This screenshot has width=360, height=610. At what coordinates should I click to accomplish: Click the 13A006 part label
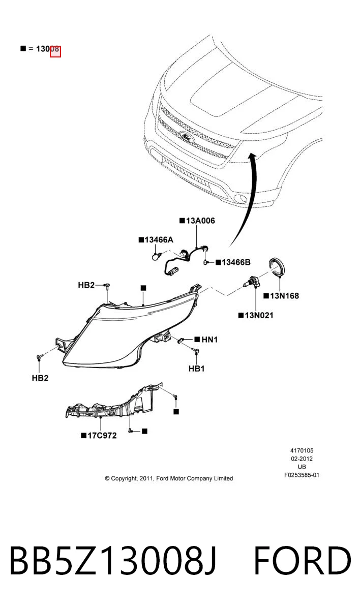tap(200, 221)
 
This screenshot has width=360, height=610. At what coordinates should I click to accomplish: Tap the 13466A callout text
tap(159, 239)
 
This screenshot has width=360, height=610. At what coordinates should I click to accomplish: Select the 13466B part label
tap(236, 262)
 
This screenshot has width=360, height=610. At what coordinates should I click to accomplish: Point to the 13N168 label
tap(284, 296)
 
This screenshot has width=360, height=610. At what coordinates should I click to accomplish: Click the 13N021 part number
tap(259, 315)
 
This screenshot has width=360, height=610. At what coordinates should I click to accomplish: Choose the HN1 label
tap(209, 340)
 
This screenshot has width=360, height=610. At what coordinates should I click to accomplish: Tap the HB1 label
tap(196, 369)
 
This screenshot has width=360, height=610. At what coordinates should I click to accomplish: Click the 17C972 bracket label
tap(102, 436)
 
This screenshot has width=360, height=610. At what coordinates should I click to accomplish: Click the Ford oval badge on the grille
tap(187, 136)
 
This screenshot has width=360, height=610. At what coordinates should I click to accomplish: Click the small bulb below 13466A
tap(156, 256)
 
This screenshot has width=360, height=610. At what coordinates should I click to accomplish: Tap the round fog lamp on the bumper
tap(241, 199)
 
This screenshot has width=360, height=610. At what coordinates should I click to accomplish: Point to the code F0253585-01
tap(302, 475)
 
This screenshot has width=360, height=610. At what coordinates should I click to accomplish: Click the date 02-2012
tap(302, 459)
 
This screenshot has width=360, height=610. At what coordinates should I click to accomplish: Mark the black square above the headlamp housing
tap(143, 288)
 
